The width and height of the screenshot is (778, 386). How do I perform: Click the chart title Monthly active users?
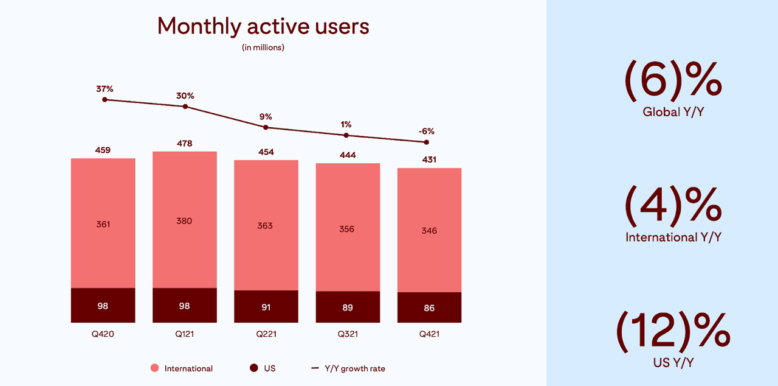point(263,27)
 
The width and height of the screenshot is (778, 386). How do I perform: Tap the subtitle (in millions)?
point(263,47)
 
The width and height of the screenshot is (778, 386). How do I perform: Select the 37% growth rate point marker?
point(105,99)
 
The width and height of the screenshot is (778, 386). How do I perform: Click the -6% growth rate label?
point(426,131)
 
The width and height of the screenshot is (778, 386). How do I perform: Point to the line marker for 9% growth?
point(266,127)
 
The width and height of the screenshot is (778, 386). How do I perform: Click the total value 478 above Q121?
point(184,144)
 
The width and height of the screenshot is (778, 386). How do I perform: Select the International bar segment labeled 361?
point(103,223)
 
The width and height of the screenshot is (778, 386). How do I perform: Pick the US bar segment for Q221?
point(266,306)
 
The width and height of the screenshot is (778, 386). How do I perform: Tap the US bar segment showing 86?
point(429,307)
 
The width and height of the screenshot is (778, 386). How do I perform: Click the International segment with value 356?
point(348,228)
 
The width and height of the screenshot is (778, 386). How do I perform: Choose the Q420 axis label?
point(103,334)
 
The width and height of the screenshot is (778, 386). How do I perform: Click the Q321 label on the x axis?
point(348,334)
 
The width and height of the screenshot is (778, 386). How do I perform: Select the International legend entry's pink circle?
point(154,368)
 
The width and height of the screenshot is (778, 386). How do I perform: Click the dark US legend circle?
point(254,368)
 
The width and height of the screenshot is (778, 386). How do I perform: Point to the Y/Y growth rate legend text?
point(356,368)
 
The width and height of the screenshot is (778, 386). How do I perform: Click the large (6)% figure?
point(673,82)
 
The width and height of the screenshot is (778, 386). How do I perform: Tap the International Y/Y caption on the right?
point(673,237)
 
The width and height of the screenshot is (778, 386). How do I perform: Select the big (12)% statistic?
point(673,332)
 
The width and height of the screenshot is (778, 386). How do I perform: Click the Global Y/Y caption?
point(673,112)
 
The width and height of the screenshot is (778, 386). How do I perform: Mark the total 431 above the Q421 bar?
point(429,160)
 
